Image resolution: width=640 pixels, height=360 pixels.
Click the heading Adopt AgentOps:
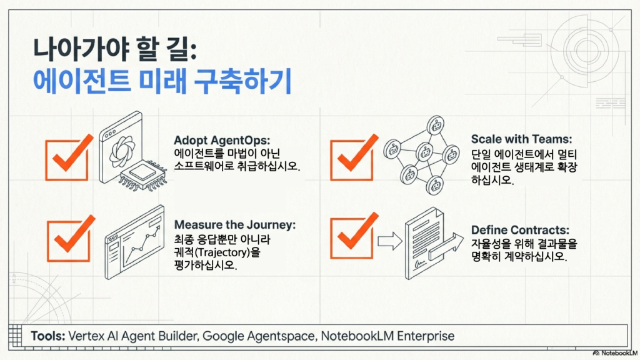(222, 141)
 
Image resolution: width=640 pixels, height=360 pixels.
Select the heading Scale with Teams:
(522, 139)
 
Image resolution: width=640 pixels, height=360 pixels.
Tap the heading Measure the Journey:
(235, 225)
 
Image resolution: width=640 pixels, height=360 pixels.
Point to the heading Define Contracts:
(520, 230)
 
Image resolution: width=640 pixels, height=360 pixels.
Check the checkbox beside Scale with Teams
(352, 159)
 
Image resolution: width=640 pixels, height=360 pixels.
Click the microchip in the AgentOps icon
(143, 176)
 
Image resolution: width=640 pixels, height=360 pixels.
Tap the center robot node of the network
(424, 152)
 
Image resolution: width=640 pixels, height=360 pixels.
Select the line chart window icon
(134, 243)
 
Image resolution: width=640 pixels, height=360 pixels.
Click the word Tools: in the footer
(47, 336)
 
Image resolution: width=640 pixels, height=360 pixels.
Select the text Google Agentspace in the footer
(259, 336)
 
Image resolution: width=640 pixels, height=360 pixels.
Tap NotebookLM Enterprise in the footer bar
(387, 336)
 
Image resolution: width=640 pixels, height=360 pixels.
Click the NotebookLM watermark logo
(615, 353)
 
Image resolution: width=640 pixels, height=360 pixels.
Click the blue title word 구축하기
(242, 81)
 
